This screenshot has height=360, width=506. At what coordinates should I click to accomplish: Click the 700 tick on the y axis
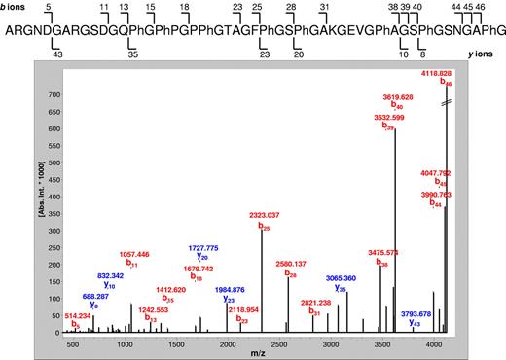(48, 96)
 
